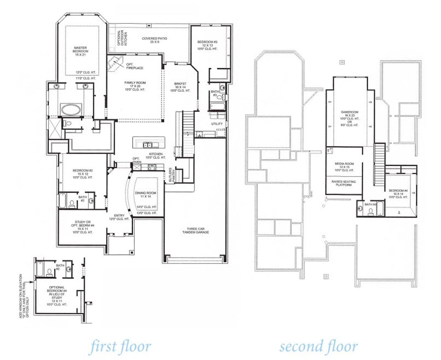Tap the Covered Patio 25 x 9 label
pos(155,40)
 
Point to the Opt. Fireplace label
pos(134,66)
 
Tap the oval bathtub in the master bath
pos(71,110)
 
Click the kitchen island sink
pos(147,144)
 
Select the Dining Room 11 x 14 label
pos(146,195)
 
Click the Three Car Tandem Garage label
pos(196,230)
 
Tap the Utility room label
pos(217,124)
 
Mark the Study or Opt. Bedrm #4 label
pos(82,227)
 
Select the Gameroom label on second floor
pos(350,118)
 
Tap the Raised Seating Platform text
pos(343,183)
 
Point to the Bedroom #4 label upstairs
pos(398,194)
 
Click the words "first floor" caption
pos(120,347)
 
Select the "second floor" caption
pos(318,347)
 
